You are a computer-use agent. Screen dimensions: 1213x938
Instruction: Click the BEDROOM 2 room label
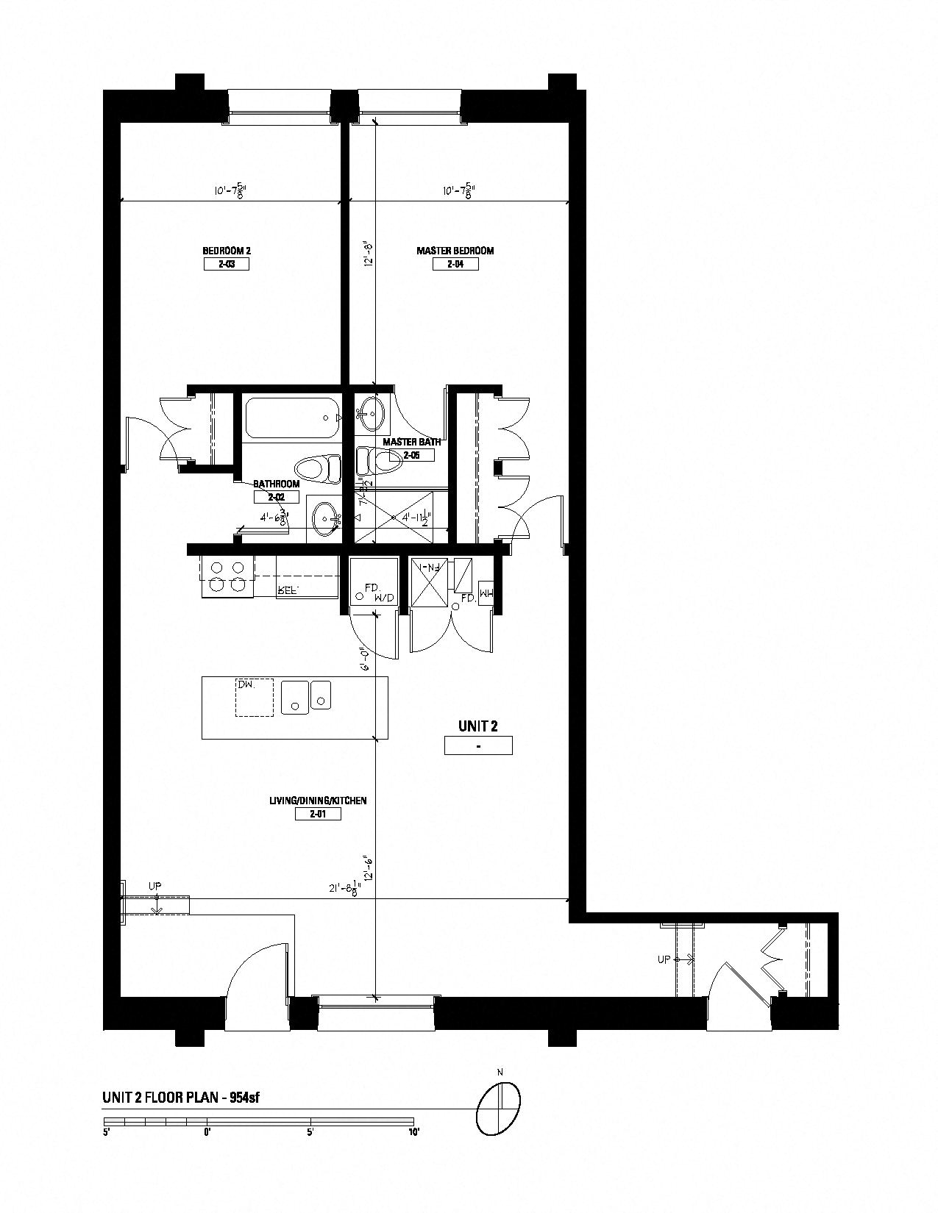[x=226, y=251]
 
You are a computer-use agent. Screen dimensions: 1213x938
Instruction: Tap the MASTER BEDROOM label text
[x=455, y=251]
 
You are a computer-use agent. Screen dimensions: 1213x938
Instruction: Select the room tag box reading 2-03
[x=226, y=264]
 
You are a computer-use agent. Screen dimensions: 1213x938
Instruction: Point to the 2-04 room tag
[x=455, y=264]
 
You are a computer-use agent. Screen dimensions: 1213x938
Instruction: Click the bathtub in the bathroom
[x=291, y=418]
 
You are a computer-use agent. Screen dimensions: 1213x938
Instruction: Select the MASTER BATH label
[x=412, y=442]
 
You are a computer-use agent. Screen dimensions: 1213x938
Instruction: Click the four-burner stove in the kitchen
[x=227, y=576]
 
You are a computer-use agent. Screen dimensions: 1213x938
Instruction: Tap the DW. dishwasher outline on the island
[x=254, y=697]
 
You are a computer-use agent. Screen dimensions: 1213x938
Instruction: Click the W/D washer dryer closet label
[x=383, y=598]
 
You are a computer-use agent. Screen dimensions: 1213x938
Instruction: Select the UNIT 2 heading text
[x=478, y=726]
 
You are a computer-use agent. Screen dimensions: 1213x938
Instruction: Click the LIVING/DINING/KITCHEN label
[x=318, y=800]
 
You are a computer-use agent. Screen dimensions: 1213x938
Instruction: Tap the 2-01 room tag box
[x=318, y=814]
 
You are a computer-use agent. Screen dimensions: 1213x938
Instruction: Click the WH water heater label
[x=486, y=590]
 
